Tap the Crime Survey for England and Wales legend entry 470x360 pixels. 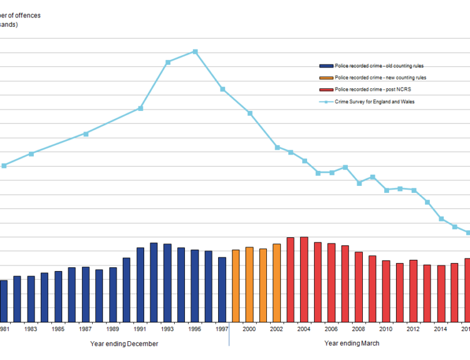[x=375, y=101]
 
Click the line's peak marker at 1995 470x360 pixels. [x=196, y=51]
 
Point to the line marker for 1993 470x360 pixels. [x=168, y=62]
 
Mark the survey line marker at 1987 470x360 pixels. [x=86, y=133]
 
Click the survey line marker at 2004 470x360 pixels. [x=305, y=161]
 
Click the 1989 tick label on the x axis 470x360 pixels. [x=113, y=329]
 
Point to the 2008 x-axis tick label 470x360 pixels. [x=358, y=329]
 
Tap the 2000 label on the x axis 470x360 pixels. [x=249, y=329]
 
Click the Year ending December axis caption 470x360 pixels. [x=124, y=344]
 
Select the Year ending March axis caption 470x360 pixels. [x=352, y=344]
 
